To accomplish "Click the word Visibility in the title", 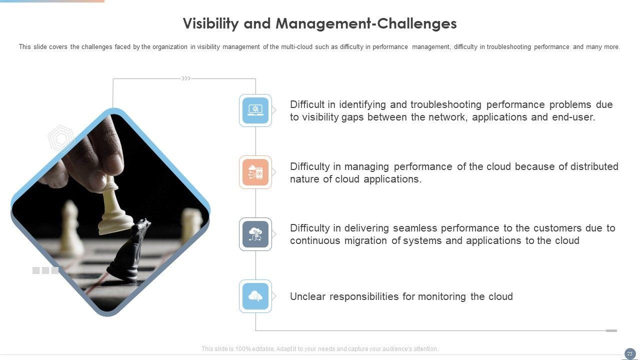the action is click(210, 23).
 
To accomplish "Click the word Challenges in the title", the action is click(417, 23).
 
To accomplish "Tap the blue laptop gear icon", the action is click(255, 110).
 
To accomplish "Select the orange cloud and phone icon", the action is click(255, 172).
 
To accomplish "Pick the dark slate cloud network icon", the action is click(255, 234).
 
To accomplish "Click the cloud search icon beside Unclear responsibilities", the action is click(255, 296).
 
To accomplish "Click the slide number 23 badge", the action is click(630, 353).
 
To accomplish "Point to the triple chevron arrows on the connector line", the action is click(186, 78).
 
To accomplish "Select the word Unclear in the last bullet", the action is click(307, 296).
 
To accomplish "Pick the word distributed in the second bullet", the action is click(594, 166).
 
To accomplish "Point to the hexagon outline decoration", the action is click(61, 138).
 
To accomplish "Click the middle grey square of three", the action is click(45, 270).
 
